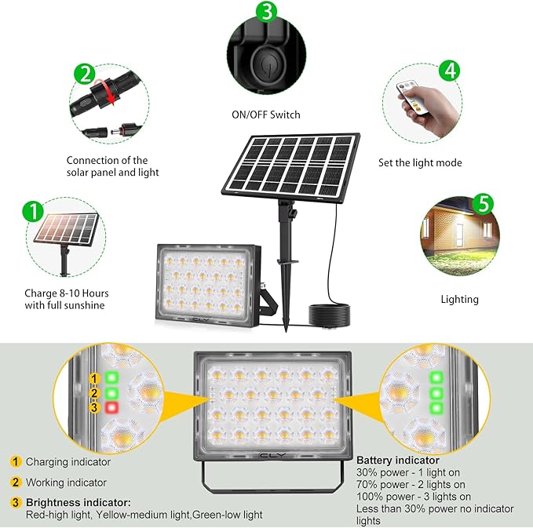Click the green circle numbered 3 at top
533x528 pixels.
click(x=268, y=12)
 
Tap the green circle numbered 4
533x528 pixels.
click(x=450, y=70)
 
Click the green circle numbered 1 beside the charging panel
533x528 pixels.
click(x=33, y=211)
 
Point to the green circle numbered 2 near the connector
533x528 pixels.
click(x=84, y=74)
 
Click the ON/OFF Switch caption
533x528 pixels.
click(x=265, y=115)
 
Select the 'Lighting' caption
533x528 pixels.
click(x=459, y=299)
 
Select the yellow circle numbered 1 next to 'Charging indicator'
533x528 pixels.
click(x=15, y=462)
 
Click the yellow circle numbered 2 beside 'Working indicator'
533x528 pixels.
click(x=15, y=482)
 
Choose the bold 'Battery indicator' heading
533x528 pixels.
click(x=398, y=460)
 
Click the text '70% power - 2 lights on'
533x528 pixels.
click(x=411, y=484)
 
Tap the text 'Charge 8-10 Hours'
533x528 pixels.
click(x=64, y=293)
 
